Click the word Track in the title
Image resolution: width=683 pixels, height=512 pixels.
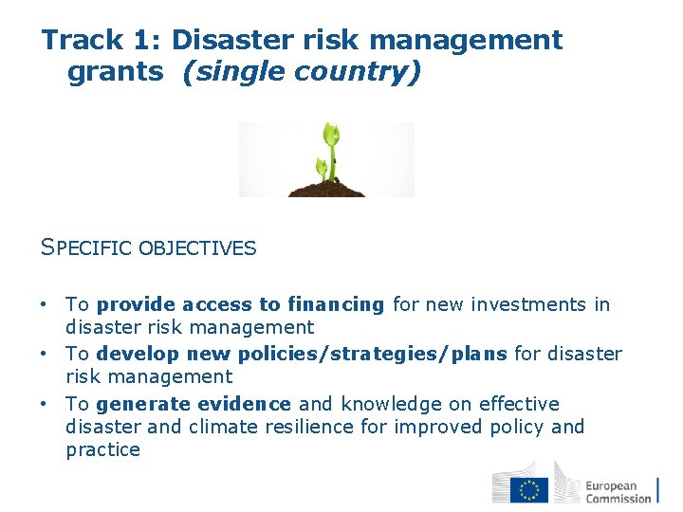(x=83, y=41)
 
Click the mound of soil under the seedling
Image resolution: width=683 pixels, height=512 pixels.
(x=326, y=187)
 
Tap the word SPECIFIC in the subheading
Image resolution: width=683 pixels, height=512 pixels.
(x=88, y=248)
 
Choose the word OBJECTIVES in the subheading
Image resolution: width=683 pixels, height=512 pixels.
(x=197, y=248)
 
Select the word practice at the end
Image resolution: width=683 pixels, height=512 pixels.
(x=102, y=449)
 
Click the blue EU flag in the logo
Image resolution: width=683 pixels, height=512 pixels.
(x=528, y=489)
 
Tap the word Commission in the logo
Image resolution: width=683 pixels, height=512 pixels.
(x=618, y=498)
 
